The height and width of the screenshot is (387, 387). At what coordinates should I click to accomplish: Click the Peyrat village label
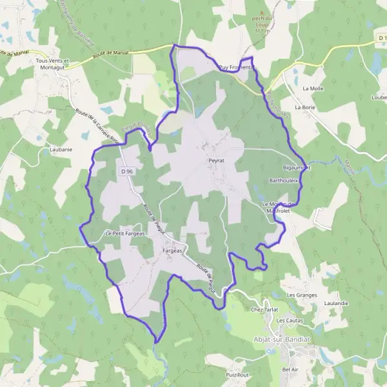tap(216, 157)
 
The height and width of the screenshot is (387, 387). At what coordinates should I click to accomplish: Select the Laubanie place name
tap(61, 149)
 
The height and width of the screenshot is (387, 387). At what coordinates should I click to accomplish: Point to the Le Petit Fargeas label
tap(124, 232)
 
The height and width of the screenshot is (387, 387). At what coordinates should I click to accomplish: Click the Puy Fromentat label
tap(237, 67)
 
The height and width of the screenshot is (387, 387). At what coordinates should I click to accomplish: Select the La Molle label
tap(313, 88)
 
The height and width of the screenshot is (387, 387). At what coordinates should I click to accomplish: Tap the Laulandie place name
tap(336, 303)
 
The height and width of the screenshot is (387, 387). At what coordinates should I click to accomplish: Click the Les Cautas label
tap(289, 320)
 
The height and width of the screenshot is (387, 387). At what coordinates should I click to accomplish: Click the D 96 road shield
tap(126, 172)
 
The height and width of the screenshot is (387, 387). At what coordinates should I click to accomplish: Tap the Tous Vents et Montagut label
tap(54, 64)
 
